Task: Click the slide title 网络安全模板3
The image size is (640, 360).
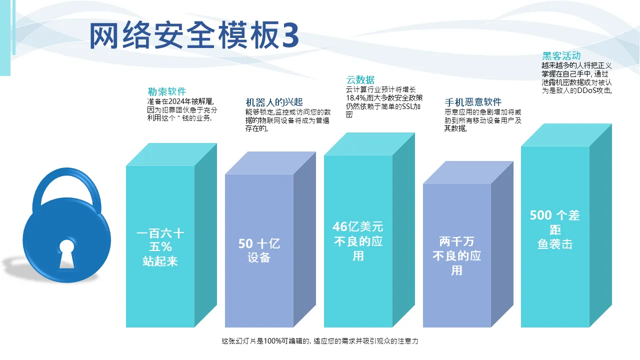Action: pos(194,35)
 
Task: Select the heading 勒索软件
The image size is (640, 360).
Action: pos(167,91)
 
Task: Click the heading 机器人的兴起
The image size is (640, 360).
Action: pos(274,102)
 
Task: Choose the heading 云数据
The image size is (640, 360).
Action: pos(360,79)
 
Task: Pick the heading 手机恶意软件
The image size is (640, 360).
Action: pos(473,102)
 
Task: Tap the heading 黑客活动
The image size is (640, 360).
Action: pos(561,55)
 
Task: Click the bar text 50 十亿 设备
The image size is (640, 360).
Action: pos(259,250)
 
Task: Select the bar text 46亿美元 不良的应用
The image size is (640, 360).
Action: pos(358,241)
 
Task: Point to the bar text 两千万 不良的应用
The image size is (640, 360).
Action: pos(457,255)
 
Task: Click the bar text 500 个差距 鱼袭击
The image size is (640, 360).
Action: pos(555,229)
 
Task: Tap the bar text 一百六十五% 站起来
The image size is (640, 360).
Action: pos(160,247)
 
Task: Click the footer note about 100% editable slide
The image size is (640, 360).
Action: pos(320,341)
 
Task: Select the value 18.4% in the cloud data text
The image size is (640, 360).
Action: pos(356,98)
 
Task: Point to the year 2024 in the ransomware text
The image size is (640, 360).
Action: pos(176,101)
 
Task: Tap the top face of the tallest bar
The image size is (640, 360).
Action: pos(566,135)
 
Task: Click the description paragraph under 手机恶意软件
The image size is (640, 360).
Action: pos(483,120)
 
